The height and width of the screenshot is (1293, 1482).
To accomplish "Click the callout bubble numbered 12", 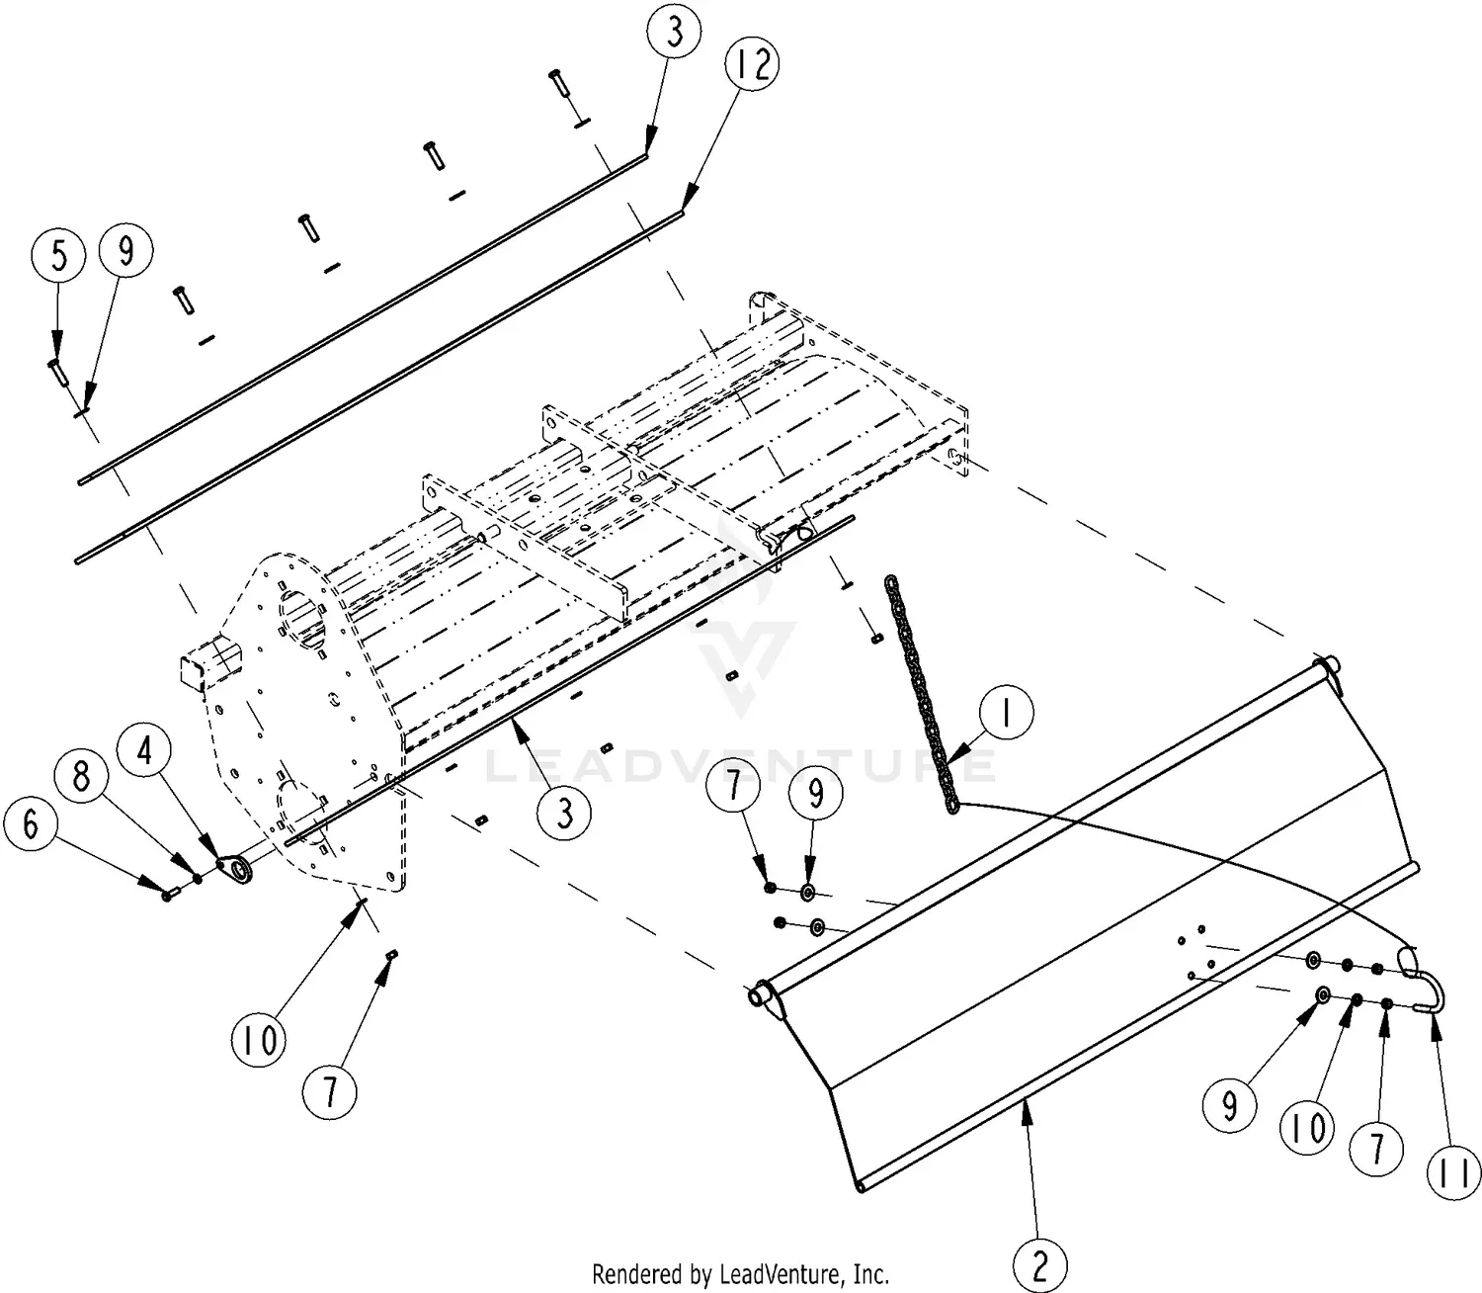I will (751, 65).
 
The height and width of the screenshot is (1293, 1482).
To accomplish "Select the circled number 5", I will (59, 256).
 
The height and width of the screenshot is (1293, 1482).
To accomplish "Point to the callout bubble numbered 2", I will (1040, 1264).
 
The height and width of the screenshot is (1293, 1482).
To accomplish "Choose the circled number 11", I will (1454, 1172).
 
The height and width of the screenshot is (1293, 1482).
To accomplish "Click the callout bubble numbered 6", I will (31, 823).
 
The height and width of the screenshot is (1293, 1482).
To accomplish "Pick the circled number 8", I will (82, 777).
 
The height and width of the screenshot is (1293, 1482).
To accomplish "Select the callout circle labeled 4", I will (145, 752).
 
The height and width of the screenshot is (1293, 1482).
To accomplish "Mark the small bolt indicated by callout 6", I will (166, 894).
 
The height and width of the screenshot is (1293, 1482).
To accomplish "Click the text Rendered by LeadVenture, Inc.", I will (740, 1273).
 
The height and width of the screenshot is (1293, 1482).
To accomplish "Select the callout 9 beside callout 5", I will (125, 251).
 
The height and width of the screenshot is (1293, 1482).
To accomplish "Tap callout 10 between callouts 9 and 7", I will (1308, 1127).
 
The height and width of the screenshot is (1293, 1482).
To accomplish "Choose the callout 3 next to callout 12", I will (675, 33).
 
